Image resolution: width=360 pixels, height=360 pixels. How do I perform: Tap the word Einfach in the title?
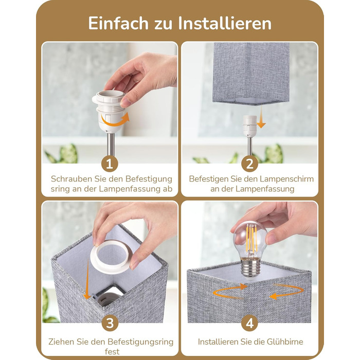coord(118,23)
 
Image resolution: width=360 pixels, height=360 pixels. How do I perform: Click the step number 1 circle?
coord(110,164)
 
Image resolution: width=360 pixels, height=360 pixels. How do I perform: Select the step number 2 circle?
coord(250,164)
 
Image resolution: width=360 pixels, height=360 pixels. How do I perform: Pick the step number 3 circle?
coord(110,323)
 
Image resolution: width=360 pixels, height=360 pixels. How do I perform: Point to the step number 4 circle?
coord(250,323)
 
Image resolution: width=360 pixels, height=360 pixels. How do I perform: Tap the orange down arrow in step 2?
coord(261,118)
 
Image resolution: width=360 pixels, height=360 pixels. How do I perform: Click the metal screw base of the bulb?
coord(250,267)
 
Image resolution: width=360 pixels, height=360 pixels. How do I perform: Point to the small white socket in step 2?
coord(250,127)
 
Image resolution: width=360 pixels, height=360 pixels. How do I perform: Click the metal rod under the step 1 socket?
coord(111,144)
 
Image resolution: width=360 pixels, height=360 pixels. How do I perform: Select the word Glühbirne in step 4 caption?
coord(285,341)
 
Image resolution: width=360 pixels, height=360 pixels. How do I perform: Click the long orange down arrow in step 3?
coord(87,279)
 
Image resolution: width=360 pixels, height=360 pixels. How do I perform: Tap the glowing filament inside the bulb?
coord(251,239)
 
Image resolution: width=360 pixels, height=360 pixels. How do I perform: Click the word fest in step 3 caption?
coord(112,351)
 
